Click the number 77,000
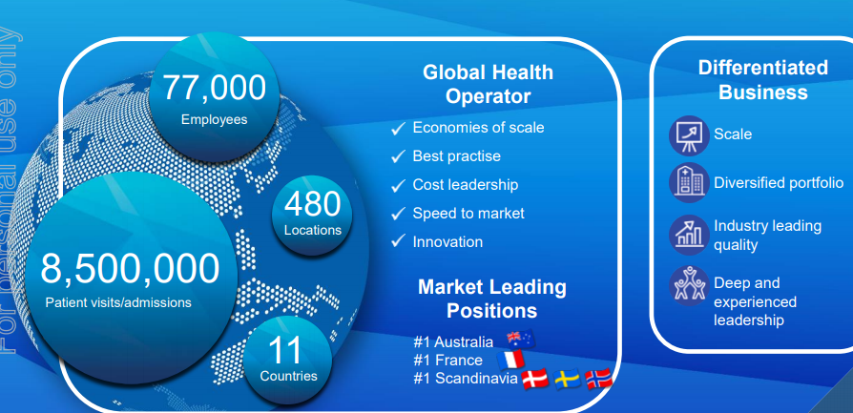pyautogui.click(x=215, y=88)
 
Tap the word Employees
pyautogui.click(x=215, y=120)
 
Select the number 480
pyautogui.click(x=312, y=204)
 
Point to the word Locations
pyautogui.click(x=312, y=230)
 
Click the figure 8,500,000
pyautogui.click(x=130, y=269)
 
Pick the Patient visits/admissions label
pyautogui.click(x=118, y=302)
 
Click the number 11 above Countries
pyautogui.click(x=285, y=351)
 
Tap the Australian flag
pyautogui.click(x=521, y=339)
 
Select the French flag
pyautogui.click(x=510, y=361)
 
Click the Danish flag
pyautogui.click(x=534, y=380)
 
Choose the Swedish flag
pyautogui.click(x=567, y=380)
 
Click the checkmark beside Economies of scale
pyautogui.click(x=398, y=129)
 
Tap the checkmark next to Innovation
pyautogui.click(x=398, y=240)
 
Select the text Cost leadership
pyautogui.click(x=465, y=184)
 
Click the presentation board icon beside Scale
pyautogui.click(x=689, y=135)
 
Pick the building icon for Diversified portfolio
pyautogui.click(x=689, y=183)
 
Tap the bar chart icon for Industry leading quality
pyautogui.click(x=689, y=235)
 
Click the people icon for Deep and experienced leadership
pyautogui.click(x=689, y=286)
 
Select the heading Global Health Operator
pyautogui.click(x=488, y=84)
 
